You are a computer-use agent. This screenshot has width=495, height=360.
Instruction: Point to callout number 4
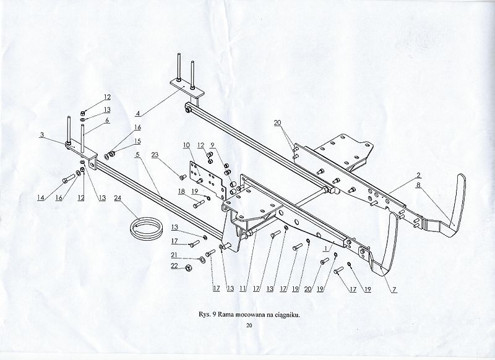pos(138,113)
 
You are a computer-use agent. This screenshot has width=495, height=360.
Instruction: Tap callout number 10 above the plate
pos(186,145)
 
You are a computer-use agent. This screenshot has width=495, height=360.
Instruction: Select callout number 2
pos(419,175)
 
